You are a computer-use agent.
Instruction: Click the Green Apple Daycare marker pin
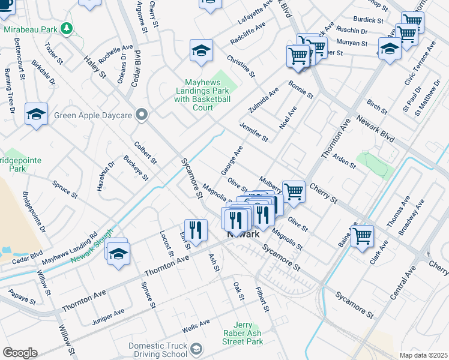pyautogui.click(x=142, y=115)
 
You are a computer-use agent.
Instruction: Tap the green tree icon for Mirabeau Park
pyautogui.click(x=67, y=29)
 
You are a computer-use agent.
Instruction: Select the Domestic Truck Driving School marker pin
pyautogui.click(x=196, y=349)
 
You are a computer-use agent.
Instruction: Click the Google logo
pyautogui.click(x=20, y=353)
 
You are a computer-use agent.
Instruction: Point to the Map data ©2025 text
pyautogui.click(x=423, y=355)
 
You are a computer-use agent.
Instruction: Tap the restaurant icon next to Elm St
pyautogui.click(x=196, y=230)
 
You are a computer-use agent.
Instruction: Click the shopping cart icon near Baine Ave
pyautogui.click(x=362, y=236)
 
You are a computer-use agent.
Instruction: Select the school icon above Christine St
pyautogui.click(x=201, y=50)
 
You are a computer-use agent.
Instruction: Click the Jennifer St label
pyautogui.click(x=253, y=131)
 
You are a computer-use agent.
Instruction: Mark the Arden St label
pyautogui.click(x=344, y=161)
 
